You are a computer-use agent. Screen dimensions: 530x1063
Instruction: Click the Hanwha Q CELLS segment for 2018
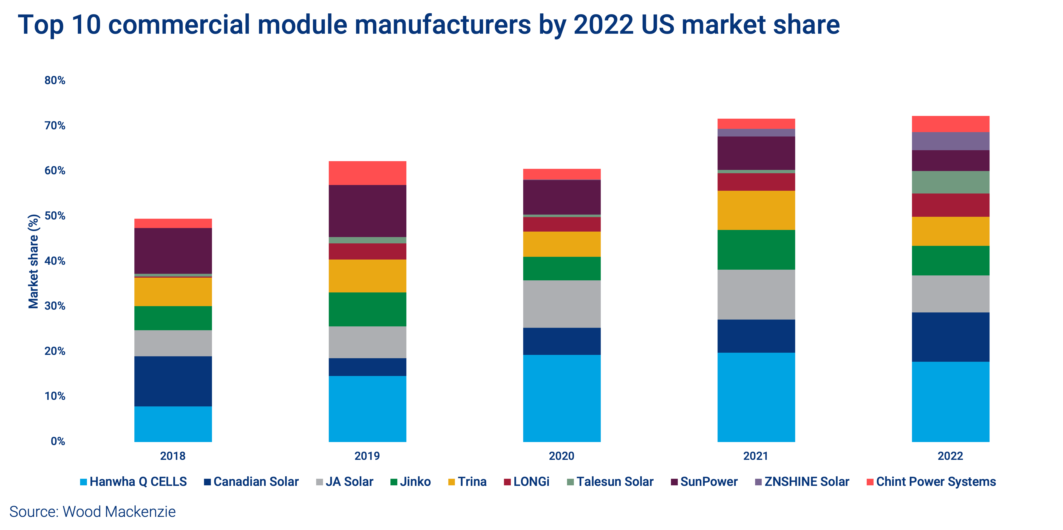(173, 424)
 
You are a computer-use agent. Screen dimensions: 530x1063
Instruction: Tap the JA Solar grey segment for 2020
(562, 304)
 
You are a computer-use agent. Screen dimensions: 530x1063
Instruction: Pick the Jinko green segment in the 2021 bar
(756, 250)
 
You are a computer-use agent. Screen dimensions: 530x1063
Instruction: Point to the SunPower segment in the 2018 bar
(173, 250)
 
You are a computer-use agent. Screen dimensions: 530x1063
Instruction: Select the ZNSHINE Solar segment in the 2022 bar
(950, 141)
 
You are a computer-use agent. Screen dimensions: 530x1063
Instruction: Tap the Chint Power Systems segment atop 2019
(367, 173)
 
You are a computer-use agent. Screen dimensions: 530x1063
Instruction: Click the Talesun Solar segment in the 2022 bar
(950, 182)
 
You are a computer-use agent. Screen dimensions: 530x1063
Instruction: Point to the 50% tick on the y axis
(55, 216)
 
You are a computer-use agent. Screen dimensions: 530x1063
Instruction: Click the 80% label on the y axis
(55, 80)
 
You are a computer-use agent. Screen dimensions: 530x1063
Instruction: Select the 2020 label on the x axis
(562, 456)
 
